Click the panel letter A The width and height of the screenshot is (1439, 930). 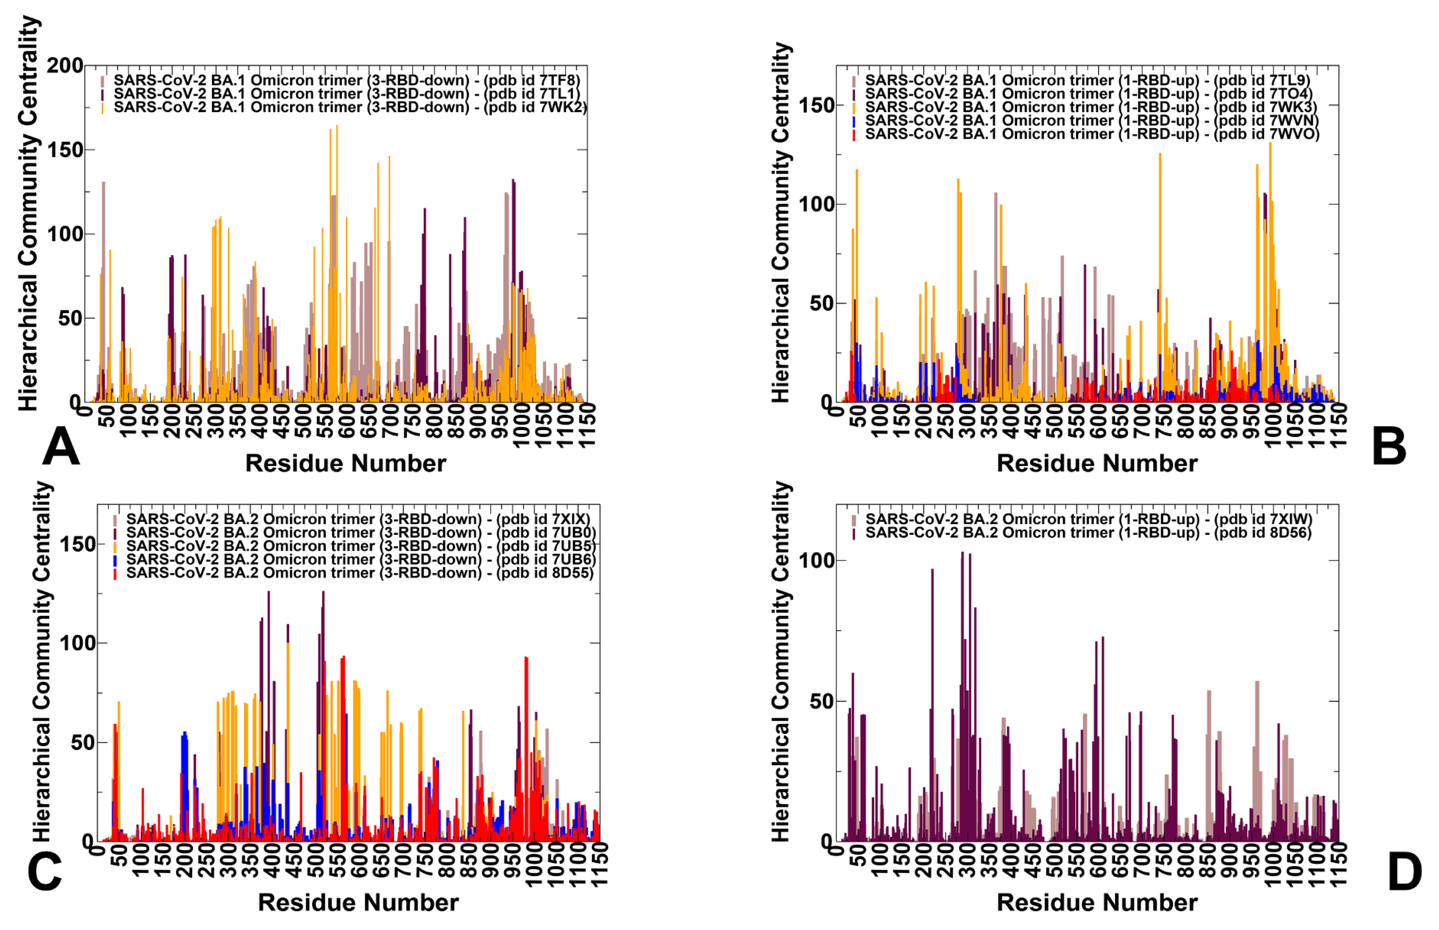pyautogui.click(x=61, y=447)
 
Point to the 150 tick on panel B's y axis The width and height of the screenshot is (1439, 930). pyautogui.click(x=816, y=105)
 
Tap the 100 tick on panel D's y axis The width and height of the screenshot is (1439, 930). pyautogui.click(x=816, y=560)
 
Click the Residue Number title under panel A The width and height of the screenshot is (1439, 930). pyautogui.click(x=345, y=463)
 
